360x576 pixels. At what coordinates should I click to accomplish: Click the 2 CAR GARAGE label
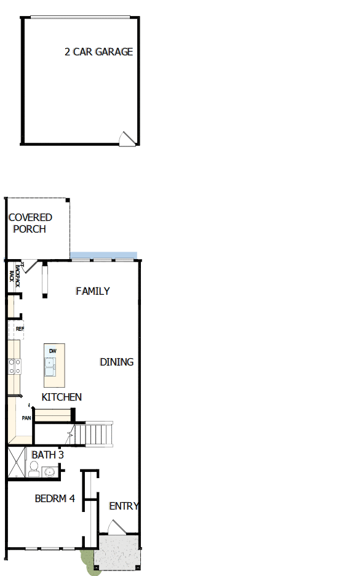98,52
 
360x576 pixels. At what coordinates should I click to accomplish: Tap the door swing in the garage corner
127,138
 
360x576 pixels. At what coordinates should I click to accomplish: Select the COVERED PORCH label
30,223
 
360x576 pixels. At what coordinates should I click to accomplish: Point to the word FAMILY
93,291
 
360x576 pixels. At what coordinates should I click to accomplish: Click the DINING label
116,362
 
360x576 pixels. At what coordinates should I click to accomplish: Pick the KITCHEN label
62,397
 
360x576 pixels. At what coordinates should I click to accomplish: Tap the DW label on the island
53,351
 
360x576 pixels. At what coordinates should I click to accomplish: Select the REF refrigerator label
20,329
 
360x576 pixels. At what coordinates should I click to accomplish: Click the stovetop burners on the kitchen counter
14,367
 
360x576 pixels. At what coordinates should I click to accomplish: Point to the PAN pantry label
26,418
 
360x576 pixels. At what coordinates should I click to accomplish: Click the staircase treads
99,434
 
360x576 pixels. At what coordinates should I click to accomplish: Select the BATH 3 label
48,455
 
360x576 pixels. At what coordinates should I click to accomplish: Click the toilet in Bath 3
33,471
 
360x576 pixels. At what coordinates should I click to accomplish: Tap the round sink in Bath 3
50,472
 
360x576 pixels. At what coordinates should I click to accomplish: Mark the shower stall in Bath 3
15,463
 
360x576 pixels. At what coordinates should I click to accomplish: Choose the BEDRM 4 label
55,498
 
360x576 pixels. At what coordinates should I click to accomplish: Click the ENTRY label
124,506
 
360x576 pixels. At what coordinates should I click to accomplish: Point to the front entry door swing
116,527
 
